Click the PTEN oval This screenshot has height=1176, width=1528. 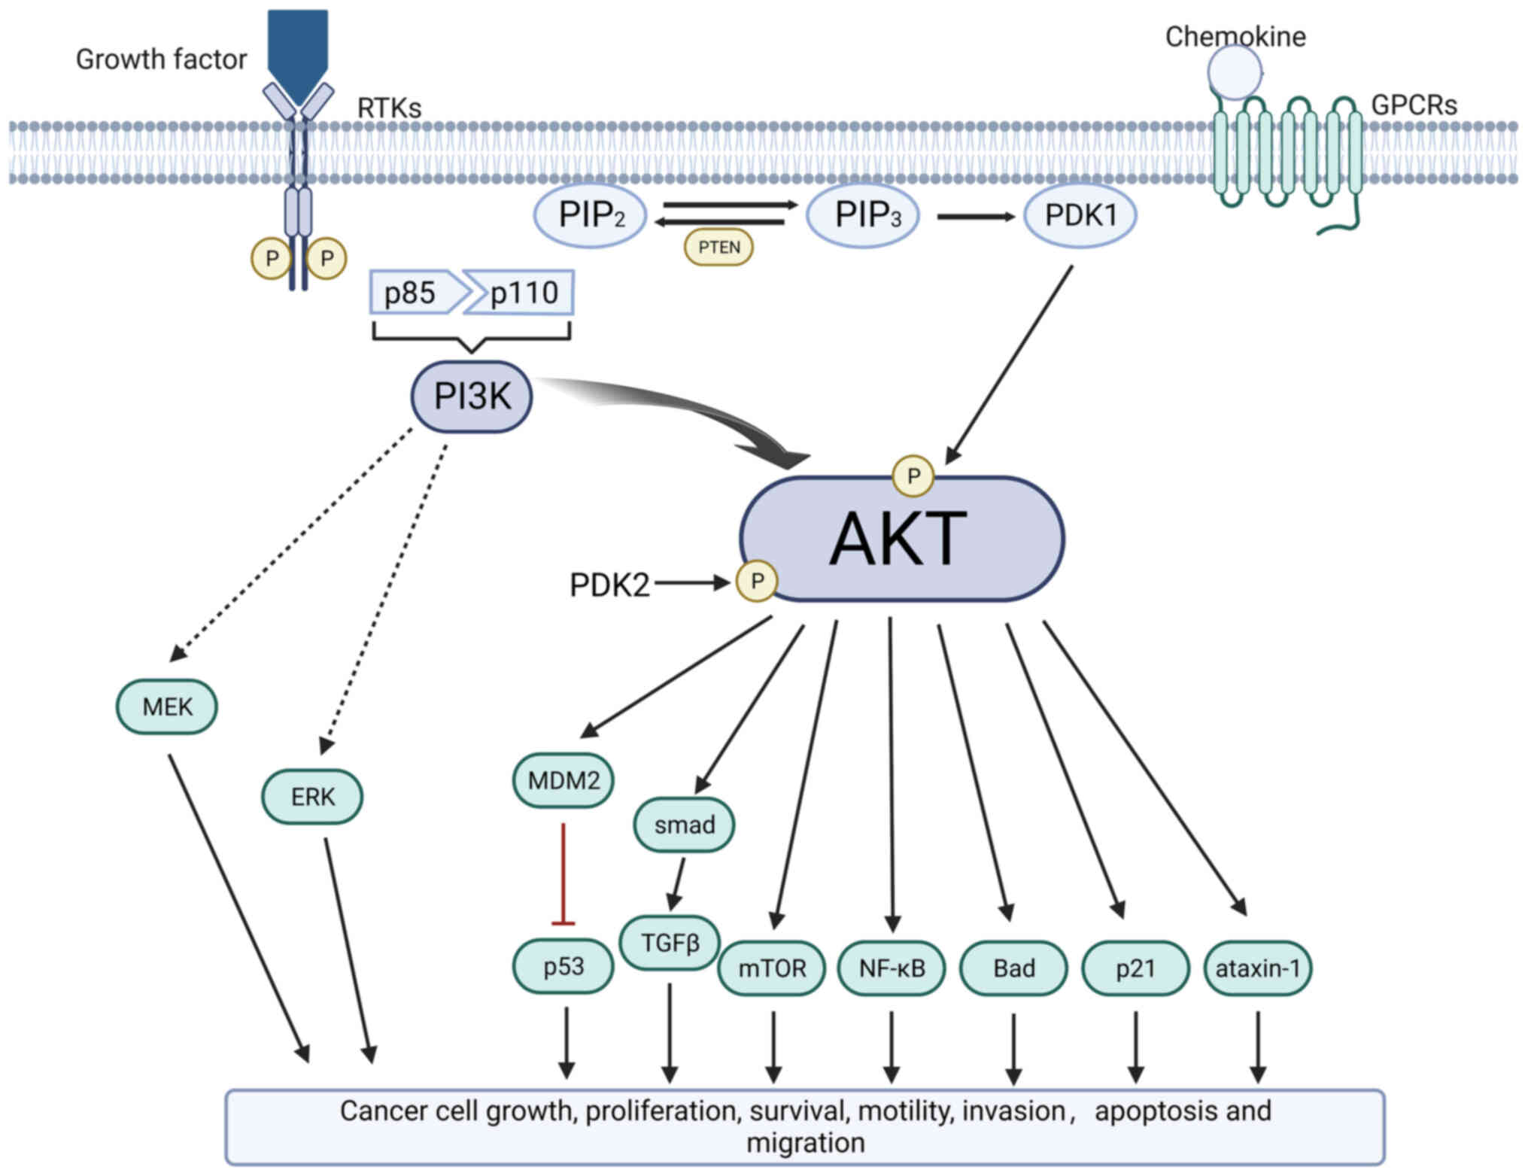718,248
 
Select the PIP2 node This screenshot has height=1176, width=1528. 591,215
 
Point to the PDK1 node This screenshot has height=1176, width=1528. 1080,215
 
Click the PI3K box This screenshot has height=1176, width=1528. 472,397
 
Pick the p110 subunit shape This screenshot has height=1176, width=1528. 519,292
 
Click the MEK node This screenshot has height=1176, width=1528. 167,707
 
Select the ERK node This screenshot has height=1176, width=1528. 312,796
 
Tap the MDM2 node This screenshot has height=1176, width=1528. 564,780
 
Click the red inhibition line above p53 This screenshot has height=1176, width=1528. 564,874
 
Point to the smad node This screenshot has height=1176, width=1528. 684,825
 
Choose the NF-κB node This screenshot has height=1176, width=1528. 892,968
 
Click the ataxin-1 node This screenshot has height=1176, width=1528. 1258,968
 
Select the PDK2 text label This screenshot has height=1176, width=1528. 609,585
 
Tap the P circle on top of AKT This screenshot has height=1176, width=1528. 913,476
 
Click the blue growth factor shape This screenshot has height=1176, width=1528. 298,57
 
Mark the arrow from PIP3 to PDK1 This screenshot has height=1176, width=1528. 976,217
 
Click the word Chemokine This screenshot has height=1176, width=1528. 1235,36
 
